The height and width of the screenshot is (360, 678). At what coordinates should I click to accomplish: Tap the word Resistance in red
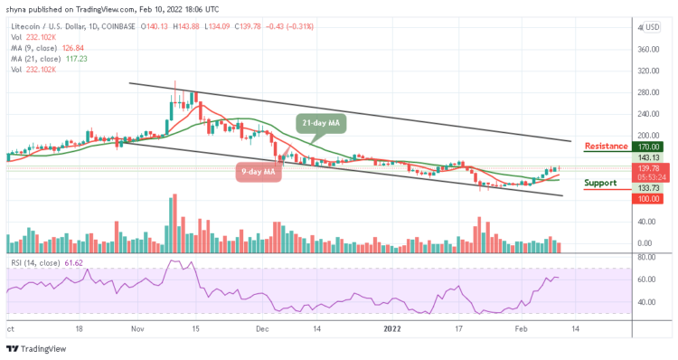pyautogui.click(x=607, y=146)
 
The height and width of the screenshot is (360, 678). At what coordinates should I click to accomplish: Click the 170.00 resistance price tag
pyautogui.click(x=648, y=146)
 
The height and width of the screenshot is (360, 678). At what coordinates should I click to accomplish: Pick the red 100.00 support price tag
pyautogui.click(x=648, y=199)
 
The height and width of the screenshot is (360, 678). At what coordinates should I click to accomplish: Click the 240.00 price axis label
pyautogui.click(x=647, y=114)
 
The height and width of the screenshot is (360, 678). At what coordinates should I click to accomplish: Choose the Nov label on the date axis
pyautogui.click(x=138, y=330)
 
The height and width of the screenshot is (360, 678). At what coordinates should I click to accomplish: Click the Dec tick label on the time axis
pyautogui.click(x=261, y=330)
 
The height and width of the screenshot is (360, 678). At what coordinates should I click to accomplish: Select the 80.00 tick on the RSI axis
pyautogui.click(x=647, y=257)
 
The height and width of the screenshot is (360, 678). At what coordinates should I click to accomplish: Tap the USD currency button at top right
pyautogui.click(x=651, y=27)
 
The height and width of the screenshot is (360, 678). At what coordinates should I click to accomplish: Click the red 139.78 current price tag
pyautogui.click(x=648, y=168)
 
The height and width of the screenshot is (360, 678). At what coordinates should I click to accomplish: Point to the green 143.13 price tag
pyautogui.click(x=648, y=157)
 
